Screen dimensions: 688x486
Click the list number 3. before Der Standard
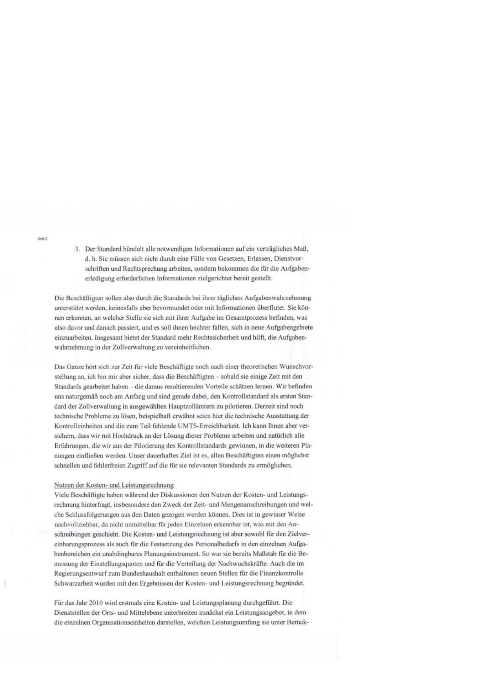pyautogui.click(x=77, y=249)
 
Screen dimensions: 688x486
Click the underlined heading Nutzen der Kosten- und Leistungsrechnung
pyautogui.click(x=114, y=485)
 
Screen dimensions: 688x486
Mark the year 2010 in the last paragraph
pyautogui.click(x=96, y=602)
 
